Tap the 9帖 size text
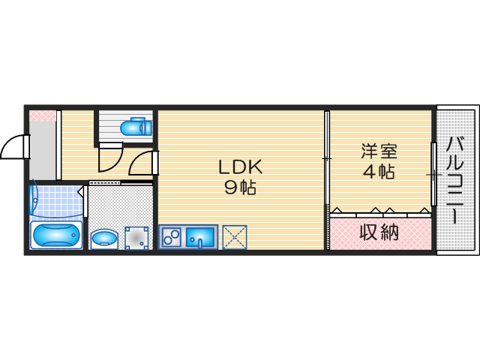[240, 188]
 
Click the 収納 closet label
[379, 232]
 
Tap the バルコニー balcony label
[455, 180]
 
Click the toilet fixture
[136, 127]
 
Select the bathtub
[57, 235]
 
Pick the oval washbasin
[103, 239]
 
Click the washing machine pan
[136, 238]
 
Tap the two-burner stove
[171, 238]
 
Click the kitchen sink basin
[200, 238]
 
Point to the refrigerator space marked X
[235, 238]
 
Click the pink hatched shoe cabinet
[43, 116]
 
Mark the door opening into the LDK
[144, 163]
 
